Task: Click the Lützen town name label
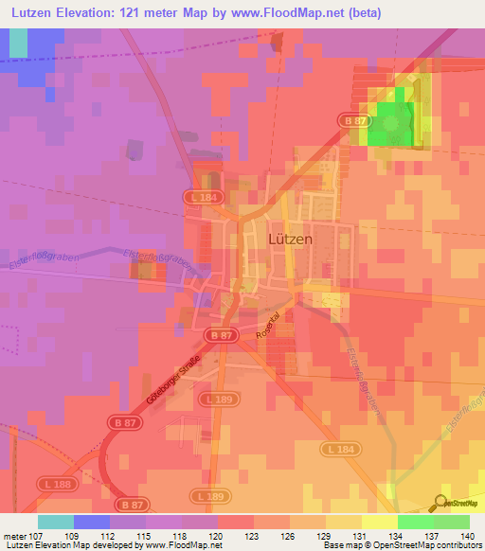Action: (x=291, y=240)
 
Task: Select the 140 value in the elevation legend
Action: (x=464, y=535)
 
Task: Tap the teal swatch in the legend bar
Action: (x=56, y=522)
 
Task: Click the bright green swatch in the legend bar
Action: (x=415, y=522)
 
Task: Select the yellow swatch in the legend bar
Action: (x=379, y=522)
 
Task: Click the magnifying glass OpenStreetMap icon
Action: (x=440, y=504)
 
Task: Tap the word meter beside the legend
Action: (x=15, y=535)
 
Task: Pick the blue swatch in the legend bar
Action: (x=92, y=522)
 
